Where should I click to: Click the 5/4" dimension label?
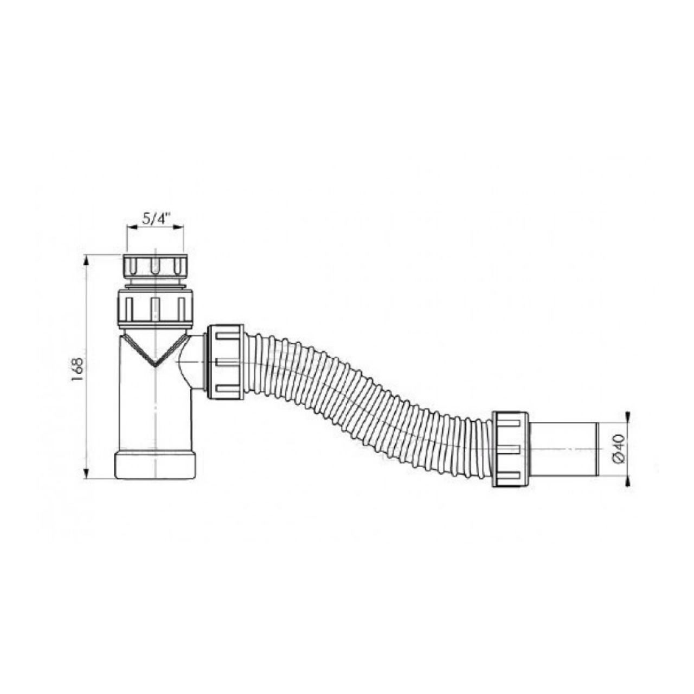click(x=156, y=219)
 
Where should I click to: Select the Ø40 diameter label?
click(x=619, y=449)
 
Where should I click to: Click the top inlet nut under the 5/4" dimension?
click(x=155, y=266)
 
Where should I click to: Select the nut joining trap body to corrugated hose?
click(x=224, y=362)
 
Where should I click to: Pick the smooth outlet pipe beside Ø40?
click(x=564, y=449)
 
